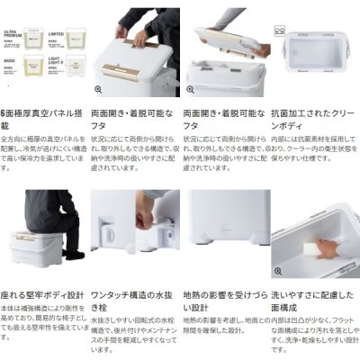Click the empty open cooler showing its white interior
point(314,54)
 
